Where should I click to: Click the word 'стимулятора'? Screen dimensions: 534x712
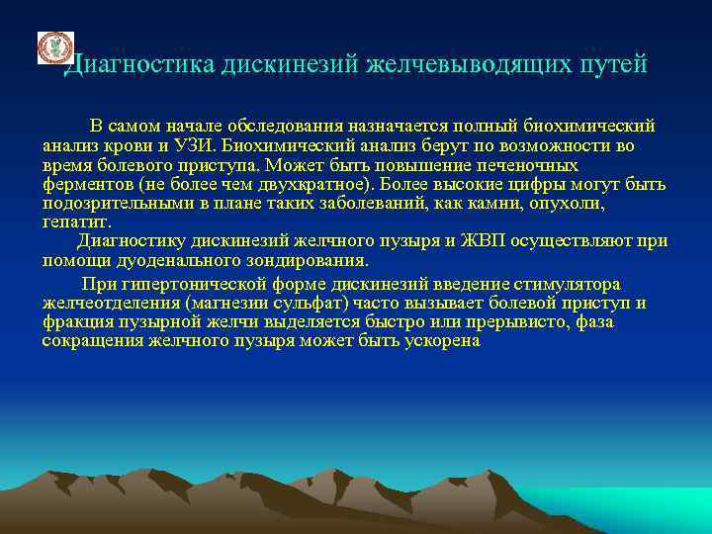571,284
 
